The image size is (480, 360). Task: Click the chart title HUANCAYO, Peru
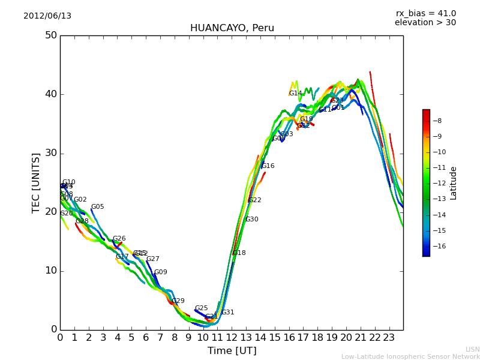[x=232, y=28]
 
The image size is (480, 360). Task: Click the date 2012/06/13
[x=47, y=16]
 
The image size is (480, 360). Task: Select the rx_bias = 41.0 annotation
[x=425, y=13]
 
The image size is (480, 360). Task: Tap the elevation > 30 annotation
[x=425, y=23]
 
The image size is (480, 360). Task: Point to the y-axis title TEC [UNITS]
[x=36, y=182]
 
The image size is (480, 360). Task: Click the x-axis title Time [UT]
[x=232, y=351]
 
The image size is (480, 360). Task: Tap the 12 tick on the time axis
[x=232, y=338]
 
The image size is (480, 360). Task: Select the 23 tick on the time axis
[x=389, y=338]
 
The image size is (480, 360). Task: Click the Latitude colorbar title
[x=454, y=183]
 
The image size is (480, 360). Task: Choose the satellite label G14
[x=296, y=94]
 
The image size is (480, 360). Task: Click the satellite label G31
[x=228, y=313]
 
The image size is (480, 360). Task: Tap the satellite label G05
[x=98, y=207]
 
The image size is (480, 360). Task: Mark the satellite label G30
[x=252, y=220]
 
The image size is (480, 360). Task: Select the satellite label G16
[x=268, y=166]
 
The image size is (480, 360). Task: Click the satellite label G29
[x=178, y=301]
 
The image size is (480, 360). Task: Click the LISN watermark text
[x=472, y=349]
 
